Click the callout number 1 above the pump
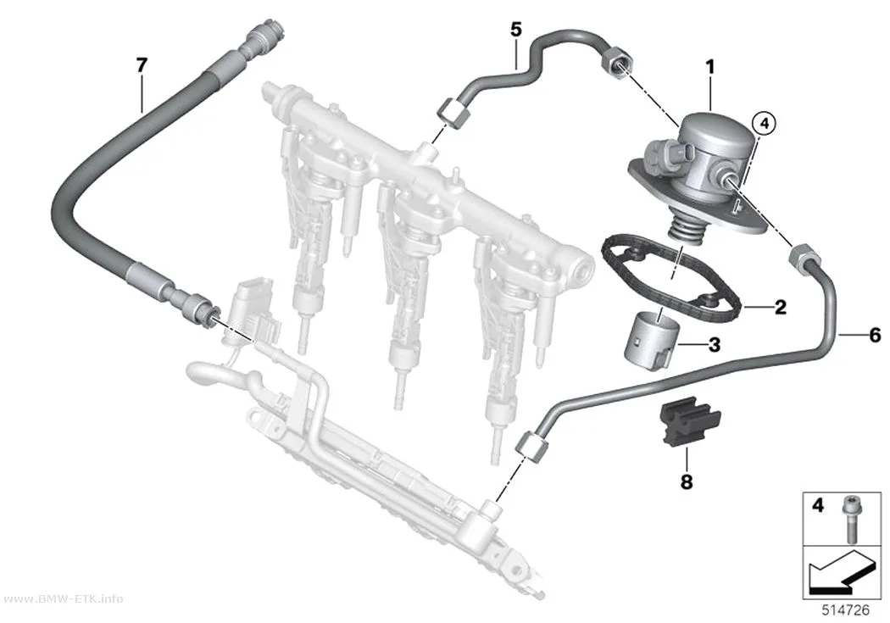point(710,68)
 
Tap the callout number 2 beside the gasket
point(781,307)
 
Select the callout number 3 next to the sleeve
point(714,344)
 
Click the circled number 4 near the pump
point(764,123)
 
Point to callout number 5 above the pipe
point(515,29)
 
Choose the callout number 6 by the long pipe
point(875,335)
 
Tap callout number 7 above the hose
point(142,65)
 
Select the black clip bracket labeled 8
point(690,421)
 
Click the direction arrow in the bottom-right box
point(838,574)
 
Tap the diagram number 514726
point(846,610)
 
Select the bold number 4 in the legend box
point(817,504)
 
